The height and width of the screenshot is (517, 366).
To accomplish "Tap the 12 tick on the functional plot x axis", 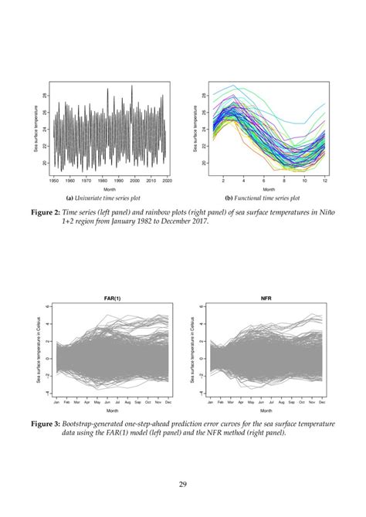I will click(x=325, y=180).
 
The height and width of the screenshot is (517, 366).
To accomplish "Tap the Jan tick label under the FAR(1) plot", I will click(x=56, y=402).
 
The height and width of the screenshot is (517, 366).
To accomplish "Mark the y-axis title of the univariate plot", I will click(x=36, y=129).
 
